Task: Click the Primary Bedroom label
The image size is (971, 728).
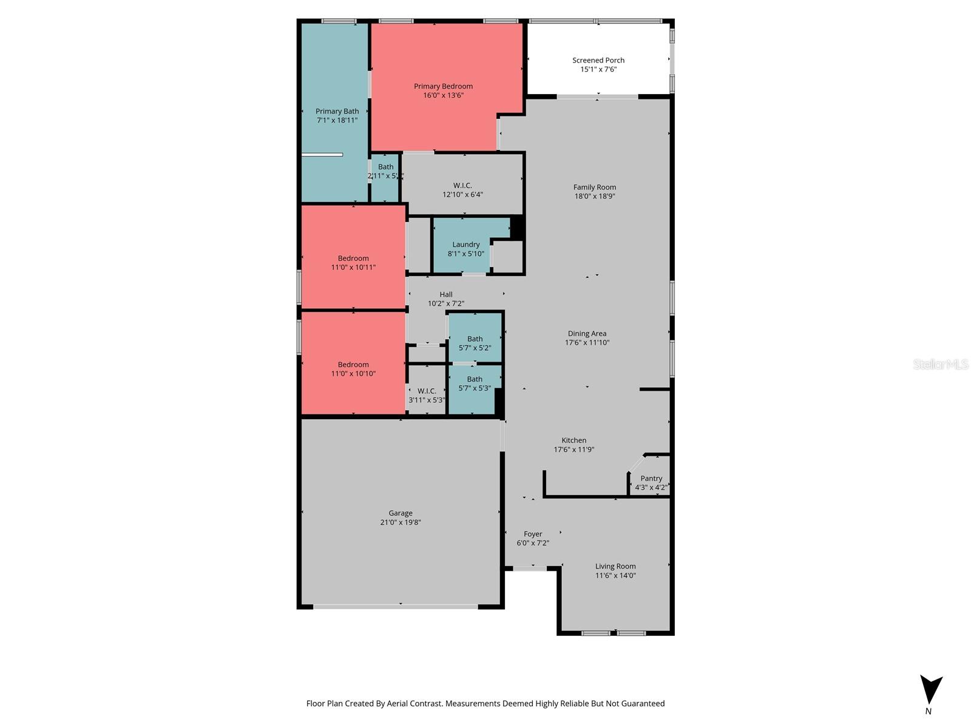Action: tap(443, 86)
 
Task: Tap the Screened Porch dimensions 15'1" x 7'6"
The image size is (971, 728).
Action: tap(598, 69)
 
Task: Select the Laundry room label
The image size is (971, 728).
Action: tap(465, 244)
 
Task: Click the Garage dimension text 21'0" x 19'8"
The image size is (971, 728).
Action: tap(400, 522)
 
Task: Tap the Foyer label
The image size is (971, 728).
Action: tap(533, 534)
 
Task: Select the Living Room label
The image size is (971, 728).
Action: tap(615, 566)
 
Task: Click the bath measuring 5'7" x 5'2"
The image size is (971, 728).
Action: tap(475, 343)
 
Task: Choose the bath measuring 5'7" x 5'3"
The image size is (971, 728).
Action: tap(475, 383)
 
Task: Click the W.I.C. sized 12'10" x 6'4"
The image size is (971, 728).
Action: tap(462, 190)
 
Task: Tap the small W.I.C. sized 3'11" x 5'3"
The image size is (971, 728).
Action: tap(427, 396)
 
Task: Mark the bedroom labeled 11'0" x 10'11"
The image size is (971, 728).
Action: tap(353, 262)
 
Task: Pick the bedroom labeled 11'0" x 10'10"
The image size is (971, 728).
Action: tap(353, 369)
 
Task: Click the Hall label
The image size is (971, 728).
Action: tap(446, 294)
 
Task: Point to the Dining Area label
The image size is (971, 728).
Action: tap(587, 333)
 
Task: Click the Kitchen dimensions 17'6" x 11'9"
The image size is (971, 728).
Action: tap(573, 450)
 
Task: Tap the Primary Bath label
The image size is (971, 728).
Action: tap(337, 111)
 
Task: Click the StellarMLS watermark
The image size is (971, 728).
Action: tap(940, 364)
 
